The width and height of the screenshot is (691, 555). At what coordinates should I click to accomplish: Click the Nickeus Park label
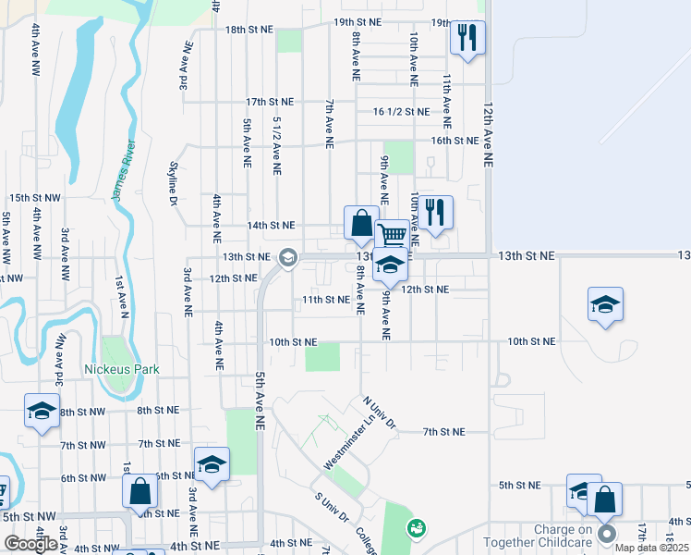pyautogui.click(x=122, y=369)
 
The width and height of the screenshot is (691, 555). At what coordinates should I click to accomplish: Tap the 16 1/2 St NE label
pyautogui.click(x=401, y=112)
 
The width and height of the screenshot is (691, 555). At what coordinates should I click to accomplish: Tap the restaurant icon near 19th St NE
pyautogui.click(x=467, y=38)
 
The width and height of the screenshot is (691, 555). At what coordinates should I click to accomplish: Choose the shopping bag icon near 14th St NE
pyautogui.click(x=361, y=223)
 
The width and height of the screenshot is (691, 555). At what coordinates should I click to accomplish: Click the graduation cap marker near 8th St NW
pyautogui.click(x=42, y=411)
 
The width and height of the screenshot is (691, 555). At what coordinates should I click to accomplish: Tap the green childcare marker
pyautogui.click(x=417, y=527)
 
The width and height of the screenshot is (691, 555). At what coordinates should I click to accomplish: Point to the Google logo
pyautogui.click(x=30, y=544)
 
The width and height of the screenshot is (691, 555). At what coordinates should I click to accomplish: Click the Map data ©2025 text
pyautogui.click(x=652, y=548)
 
